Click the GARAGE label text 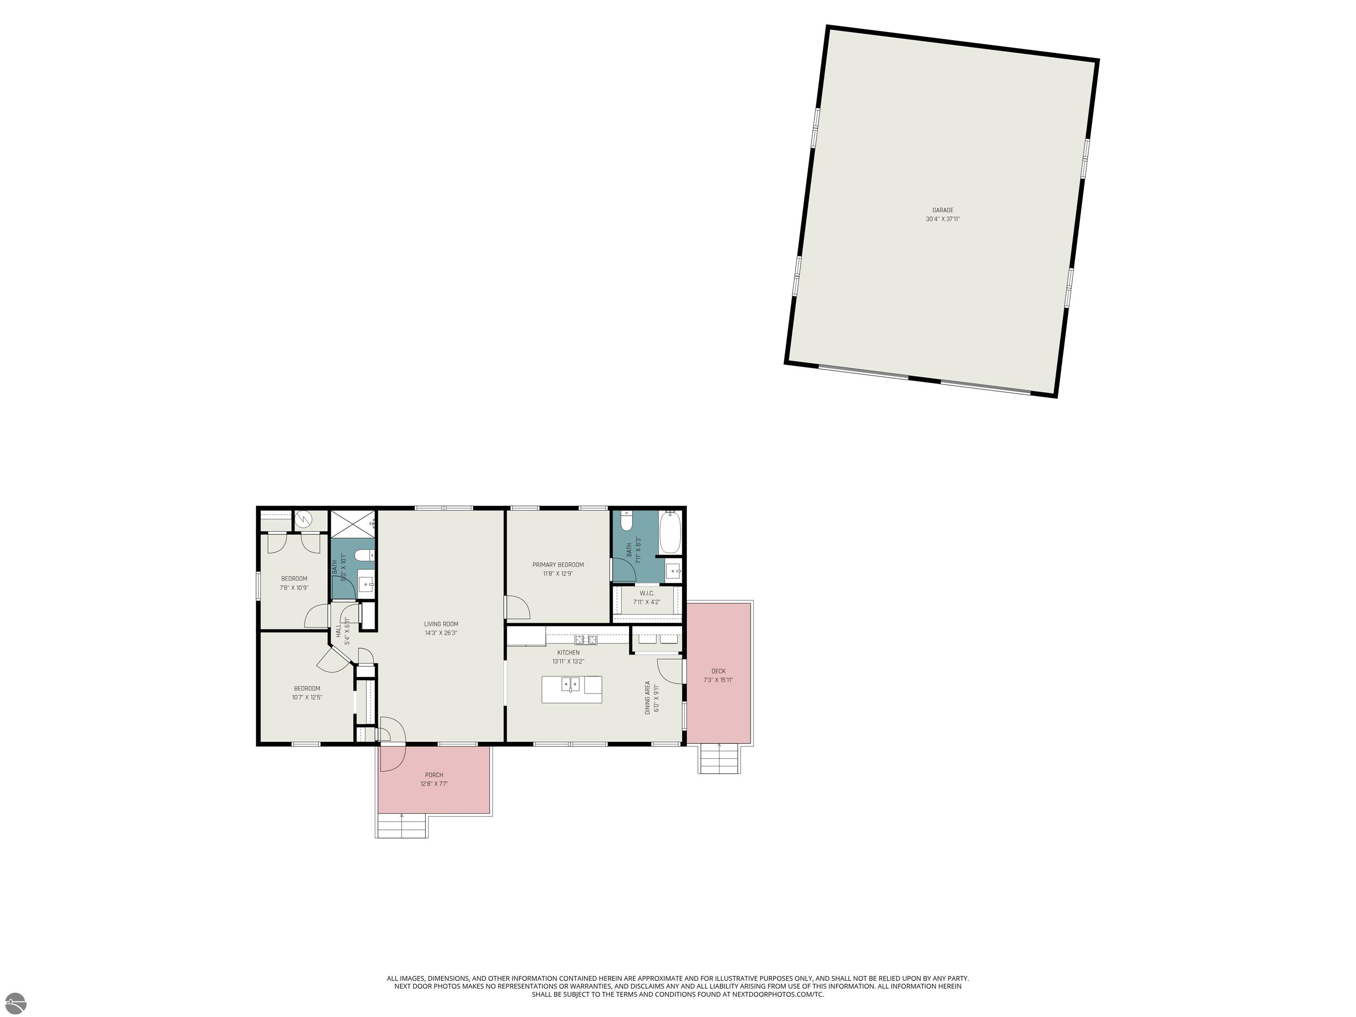pos(943,210)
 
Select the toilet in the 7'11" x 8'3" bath pos(626,521)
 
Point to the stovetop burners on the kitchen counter pos(586,640)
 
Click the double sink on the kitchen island pos(571,683)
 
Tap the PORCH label pos(434,775)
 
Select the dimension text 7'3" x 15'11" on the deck pos(719,680)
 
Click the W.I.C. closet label pos(647,593)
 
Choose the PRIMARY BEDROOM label pos(558,565)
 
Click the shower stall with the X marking pos(353,524)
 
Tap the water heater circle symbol pos(303,520)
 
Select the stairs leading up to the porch pos(402,826)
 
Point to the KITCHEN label pos(568,652)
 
